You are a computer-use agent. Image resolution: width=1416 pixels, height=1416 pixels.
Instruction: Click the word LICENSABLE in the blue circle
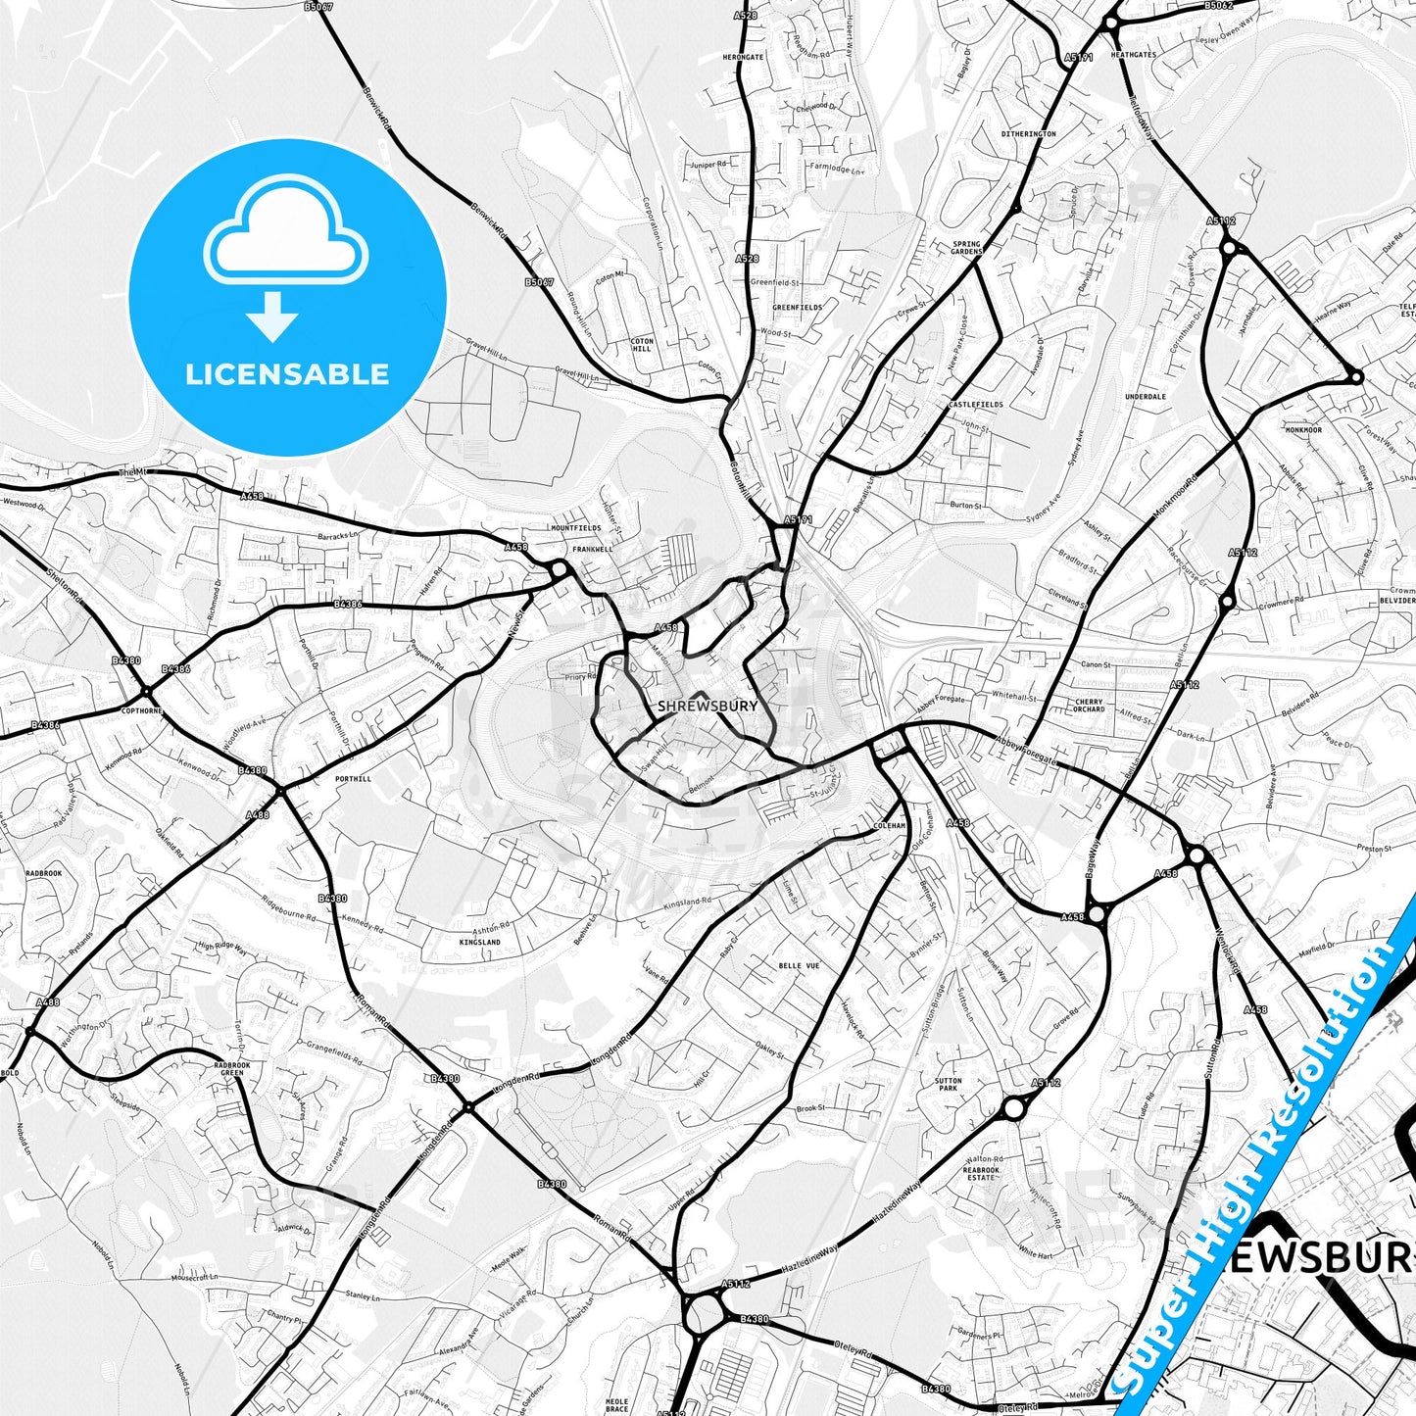287,374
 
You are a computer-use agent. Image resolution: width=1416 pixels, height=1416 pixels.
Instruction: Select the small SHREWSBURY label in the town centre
708,706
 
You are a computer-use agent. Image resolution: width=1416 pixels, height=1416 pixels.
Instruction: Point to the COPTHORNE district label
140,710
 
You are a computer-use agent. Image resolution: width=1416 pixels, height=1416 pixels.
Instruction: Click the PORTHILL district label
353,779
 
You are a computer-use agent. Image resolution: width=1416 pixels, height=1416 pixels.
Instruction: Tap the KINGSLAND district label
479,942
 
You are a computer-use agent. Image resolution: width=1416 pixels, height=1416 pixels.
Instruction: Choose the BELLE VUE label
799,965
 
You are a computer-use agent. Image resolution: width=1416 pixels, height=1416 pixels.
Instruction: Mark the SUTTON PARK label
948,1084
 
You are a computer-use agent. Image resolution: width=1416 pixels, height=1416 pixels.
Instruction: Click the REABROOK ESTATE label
981,1173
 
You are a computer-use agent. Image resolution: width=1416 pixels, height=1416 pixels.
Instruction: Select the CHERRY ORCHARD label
1089,706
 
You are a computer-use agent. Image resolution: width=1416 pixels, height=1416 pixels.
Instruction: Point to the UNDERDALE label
1145,397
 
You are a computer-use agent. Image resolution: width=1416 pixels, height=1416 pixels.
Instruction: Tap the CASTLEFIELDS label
976,404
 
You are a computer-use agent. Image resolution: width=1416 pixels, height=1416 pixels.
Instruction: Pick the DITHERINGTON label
1028,133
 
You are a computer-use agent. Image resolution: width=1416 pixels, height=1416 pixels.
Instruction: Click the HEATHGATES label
1133,55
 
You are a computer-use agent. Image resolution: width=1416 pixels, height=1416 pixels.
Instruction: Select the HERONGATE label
743,57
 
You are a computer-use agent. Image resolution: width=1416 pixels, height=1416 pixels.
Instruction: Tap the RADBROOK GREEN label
232,1069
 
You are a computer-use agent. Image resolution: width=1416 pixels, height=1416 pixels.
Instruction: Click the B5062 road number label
1218,6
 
